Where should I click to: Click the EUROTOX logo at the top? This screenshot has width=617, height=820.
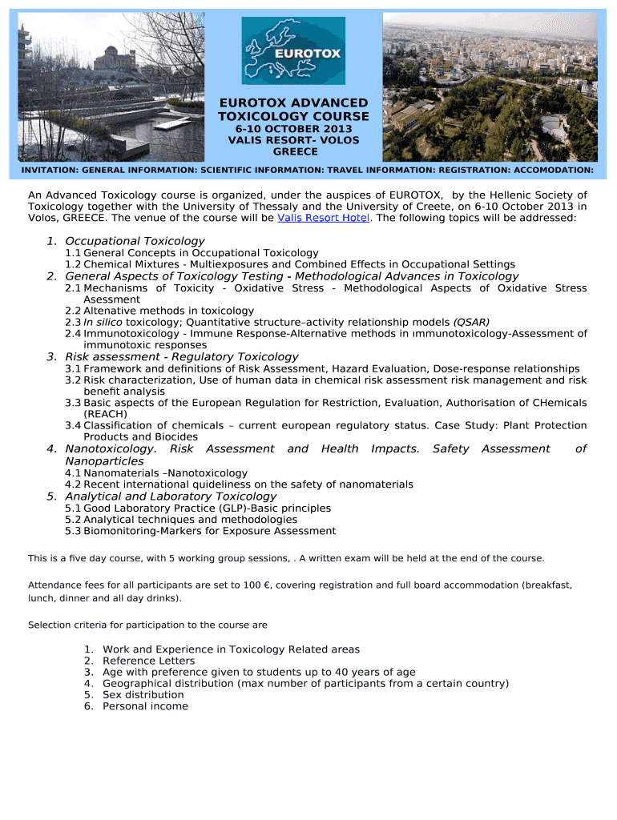[x=293, y=50]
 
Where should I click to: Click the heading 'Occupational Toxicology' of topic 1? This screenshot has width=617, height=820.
[x=135, y=241]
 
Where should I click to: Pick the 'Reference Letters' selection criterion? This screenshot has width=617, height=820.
[x=148, y=661]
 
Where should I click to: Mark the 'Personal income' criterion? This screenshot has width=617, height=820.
[x=145, y=705]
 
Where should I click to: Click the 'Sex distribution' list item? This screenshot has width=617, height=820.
[x=143, y=694]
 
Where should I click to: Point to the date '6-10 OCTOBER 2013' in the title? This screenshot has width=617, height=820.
[x=293, y=129]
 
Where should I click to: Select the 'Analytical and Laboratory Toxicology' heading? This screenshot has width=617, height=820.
[x=171, y=496]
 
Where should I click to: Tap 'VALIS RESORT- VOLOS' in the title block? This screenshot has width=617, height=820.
[x=293, y=140]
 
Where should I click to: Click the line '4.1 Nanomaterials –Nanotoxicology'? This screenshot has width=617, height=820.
[x=156, y=472]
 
